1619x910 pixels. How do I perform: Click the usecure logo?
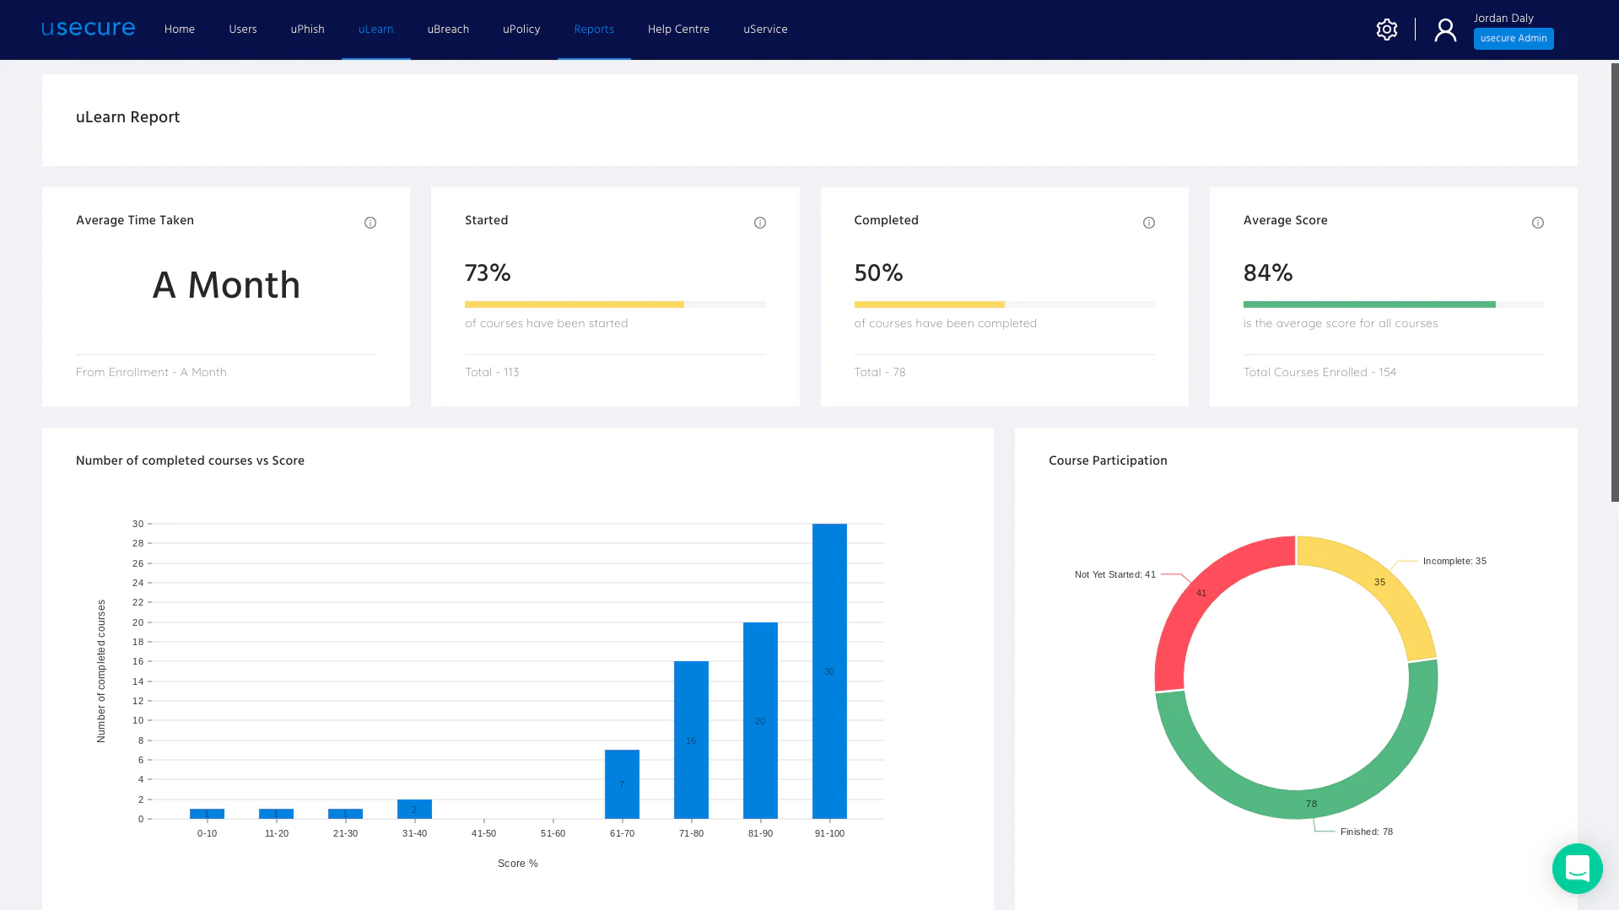point(88,29)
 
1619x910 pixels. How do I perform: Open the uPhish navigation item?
point(307,30)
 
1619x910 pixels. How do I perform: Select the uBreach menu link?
point(448,30)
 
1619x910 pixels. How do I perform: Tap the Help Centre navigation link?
point(678,30)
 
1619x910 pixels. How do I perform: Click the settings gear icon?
point(1386,30)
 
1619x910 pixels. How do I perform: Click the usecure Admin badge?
point(1513,39)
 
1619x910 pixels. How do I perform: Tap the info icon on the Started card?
point(759,223)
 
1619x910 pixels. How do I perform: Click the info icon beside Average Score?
point(1537,223)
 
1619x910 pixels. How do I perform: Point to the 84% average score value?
point(1267,273)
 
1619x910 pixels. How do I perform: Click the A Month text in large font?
point(226,285)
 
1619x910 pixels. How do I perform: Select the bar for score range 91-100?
point(828,670)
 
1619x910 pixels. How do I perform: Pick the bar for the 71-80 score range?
point(690,740)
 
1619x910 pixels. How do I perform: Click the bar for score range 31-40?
point(414,810)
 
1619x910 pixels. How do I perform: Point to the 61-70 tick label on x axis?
point(622,833)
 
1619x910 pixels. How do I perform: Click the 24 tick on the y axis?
point(138,583)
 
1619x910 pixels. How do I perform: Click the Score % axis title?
point(517,864)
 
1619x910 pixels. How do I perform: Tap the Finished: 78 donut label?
point(1366,832)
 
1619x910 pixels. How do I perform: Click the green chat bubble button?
point(1576,868)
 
